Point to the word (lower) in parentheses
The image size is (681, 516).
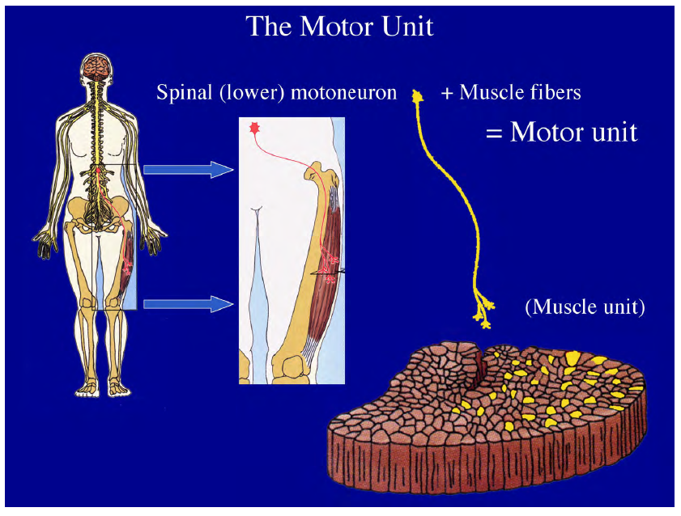tap(245, 92)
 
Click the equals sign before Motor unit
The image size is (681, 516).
tap(494, 131)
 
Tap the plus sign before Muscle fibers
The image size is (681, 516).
tap(447, 93)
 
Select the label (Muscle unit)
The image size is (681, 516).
tap(585, 307)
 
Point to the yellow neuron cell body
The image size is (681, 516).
tap(419, 95)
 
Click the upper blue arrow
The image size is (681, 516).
tap(189, 169)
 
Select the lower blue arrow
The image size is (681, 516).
tap(189, 304)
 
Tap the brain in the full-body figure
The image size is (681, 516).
tap(97, 67)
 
